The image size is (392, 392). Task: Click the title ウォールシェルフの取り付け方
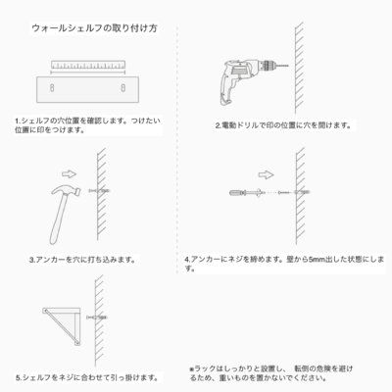click(95, 28)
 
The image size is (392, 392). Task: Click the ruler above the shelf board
click(88, 65)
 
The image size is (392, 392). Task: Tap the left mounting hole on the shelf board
click(52, 87)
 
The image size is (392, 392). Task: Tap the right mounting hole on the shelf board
click(123, 87)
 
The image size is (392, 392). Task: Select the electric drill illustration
click(252, 82)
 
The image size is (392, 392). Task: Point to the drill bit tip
click(288, 66)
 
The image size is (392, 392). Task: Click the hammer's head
click(67, 191)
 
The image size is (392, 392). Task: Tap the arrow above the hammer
click(69, 174)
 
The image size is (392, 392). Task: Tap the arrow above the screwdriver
click(266, 174)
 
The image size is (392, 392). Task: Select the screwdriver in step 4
click(246, 193)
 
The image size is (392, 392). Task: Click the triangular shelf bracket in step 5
click(62, 326)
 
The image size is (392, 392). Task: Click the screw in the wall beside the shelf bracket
click(97, 318)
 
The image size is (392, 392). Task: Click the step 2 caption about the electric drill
click(283, 125)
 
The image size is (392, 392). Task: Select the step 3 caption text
click(82, 260)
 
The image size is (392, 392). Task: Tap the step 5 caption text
click(87, 378)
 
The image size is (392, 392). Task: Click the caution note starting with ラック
click(271, 373)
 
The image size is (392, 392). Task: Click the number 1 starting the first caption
click(17, 122)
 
